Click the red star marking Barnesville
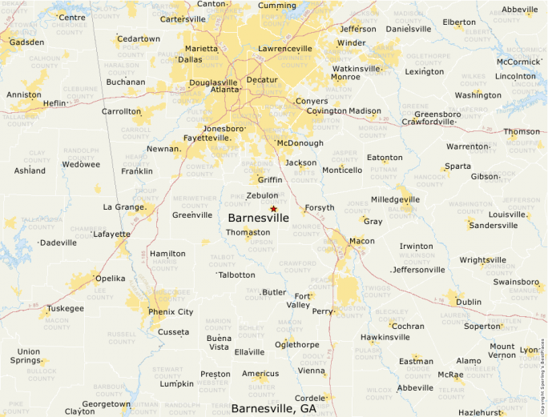pyautogui.click(x=273, y=208)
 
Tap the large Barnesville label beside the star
pyautogui.click(x=258, y=218)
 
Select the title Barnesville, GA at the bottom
pyautogui.click(x=274, y=408)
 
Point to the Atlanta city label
pyautogui.click(x=224, y=90)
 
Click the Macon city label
pyautogui.click(x=361, y=241)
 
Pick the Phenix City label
pyautogui.click(x=171, y=311)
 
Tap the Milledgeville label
pyautogui.click(x=395, y=199)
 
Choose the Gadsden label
pyautogui.click(x=26, y=42)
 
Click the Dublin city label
pyautogui.click(x=469, y=302)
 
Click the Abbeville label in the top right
pyautogui.click(x=520, y=10)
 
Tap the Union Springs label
pyautogui.click(x=29, y=356)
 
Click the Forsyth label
pyautogui.click(x=319, y=207)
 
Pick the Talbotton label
pyautogui.click(x=237, y=275)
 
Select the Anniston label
pyautogui.click(x=24, y=94)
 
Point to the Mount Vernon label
pyautogui.click(x=502, y=351)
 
